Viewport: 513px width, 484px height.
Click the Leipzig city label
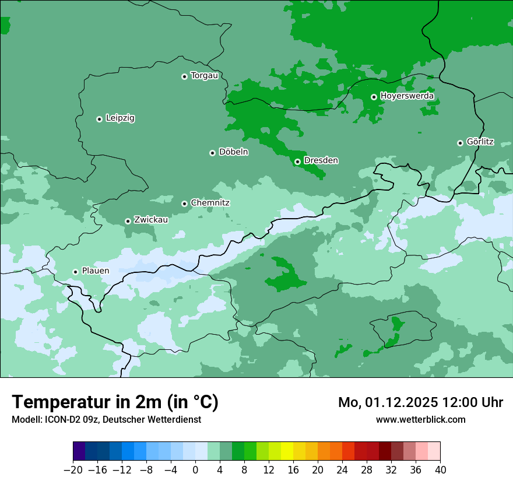point(120,118)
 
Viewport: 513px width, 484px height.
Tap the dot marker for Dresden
point(297,162)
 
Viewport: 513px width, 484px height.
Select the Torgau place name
point(204,76)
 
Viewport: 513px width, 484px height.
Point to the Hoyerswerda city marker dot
point(374,97)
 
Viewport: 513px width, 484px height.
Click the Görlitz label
point(480,142)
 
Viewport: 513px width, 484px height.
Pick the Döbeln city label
point(233,152)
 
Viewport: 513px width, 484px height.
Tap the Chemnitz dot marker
point(184,204)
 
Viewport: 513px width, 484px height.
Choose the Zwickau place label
point(151,220)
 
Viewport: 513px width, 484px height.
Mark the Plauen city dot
point(75,272)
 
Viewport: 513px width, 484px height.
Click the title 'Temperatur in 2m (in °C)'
point(115,402)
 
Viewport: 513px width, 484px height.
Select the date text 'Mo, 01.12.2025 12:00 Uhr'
point(420,402)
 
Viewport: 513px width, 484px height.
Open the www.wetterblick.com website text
point(420,419)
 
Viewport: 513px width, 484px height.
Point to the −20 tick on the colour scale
point(73,470)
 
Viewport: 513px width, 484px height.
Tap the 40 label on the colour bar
point(440,470)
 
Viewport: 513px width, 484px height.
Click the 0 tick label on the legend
point(195,470)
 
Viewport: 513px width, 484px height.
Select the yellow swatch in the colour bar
point(287,451)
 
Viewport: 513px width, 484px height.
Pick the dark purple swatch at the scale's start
point(79,451)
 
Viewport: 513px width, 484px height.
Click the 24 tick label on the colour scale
point(342,470)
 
